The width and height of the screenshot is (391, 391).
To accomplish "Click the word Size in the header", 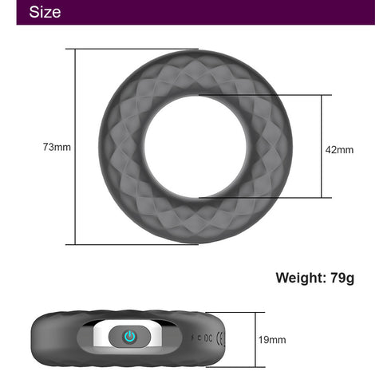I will coord(45,12).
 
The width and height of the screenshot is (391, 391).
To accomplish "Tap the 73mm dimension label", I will coord(57,147).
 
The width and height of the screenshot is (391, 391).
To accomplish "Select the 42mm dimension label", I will coord(339,149).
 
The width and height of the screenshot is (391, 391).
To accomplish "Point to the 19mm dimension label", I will coord(272,339).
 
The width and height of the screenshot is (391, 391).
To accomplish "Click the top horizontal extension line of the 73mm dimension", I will coord(136,49).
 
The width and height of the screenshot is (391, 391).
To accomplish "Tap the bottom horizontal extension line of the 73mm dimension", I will coord(136,244).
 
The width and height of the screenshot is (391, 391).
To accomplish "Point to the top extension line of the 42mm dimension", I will coord(263,96).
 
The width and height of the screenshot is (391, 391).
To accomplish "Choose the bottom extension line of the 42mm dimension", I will coord(263,197).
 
